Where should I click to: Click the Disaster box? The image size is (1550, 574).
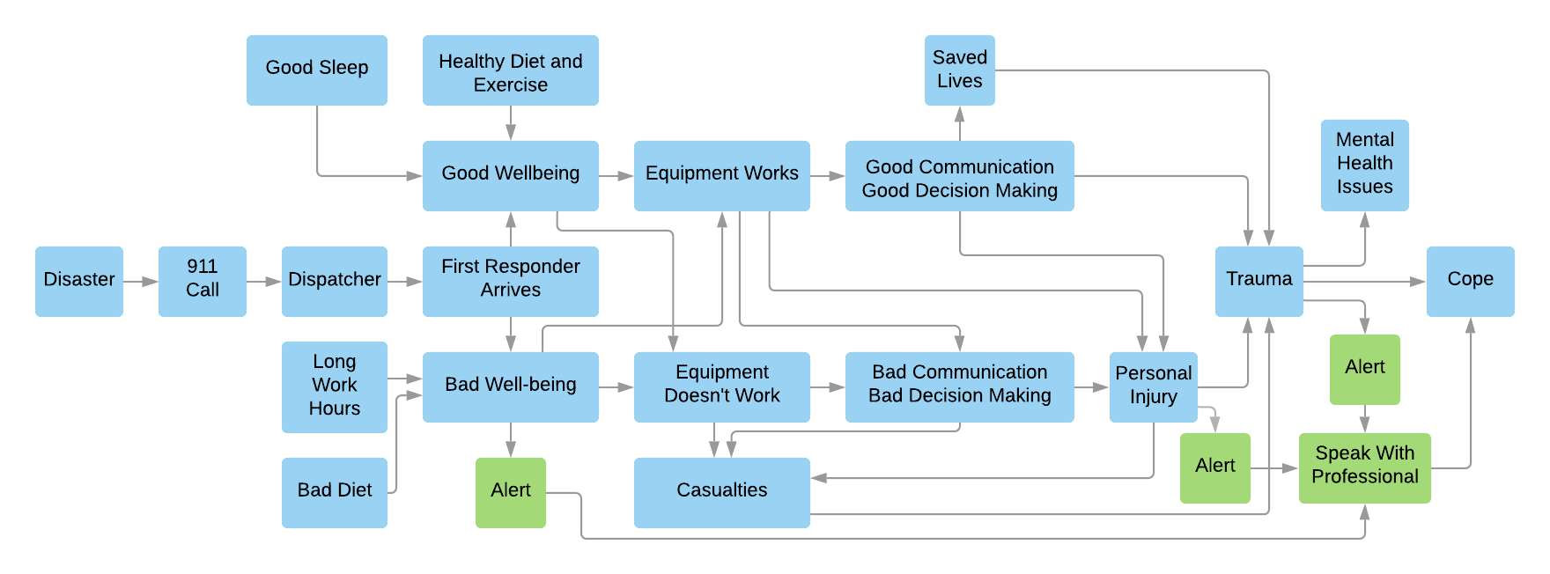[x=79, y=281]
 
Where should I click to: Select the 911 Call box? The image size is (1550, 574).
[x=203, y=281]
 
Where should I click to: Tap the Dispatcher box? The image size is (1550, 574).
[x=335, y=281]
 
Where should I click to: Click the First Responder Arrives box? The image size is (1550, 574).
[x=511, y=281]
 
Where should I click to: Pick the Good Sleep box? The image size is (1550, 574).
[x=317, y=70]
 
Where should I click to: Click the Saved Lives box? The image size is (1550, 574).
[x=960, y=70]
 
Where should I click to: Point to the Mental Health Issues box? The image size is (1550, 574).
[x=1365, y=165]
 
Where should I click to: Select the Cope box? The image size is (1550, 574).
[x=1471, y=281]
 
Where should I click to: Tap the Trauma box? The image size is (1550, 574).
[x=1259, y=281]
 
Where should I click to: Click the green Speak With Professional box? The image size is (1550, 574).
[x=1365, y=467]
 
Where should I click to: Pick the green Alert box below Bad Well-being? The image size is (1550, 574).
[x=511, y=492]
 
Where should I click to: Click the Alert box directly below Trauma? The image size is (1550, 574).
[x=1365, y=369]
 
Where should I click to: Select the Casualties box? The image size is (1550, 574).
[x=722, y=492]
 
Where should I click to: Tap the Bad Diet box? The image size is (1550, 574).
[x=335, y=492]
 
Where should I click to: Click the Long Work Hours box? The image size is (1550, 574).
[x=335, y=386]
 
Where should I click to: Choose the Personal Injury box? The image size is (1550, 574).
[x=1154, y=386]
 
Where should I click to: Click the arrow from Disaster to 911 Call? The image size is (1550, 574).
[x=141, y=282]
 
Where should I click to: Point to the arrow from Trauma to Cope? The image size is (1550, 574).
[x=1365, y=282]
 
